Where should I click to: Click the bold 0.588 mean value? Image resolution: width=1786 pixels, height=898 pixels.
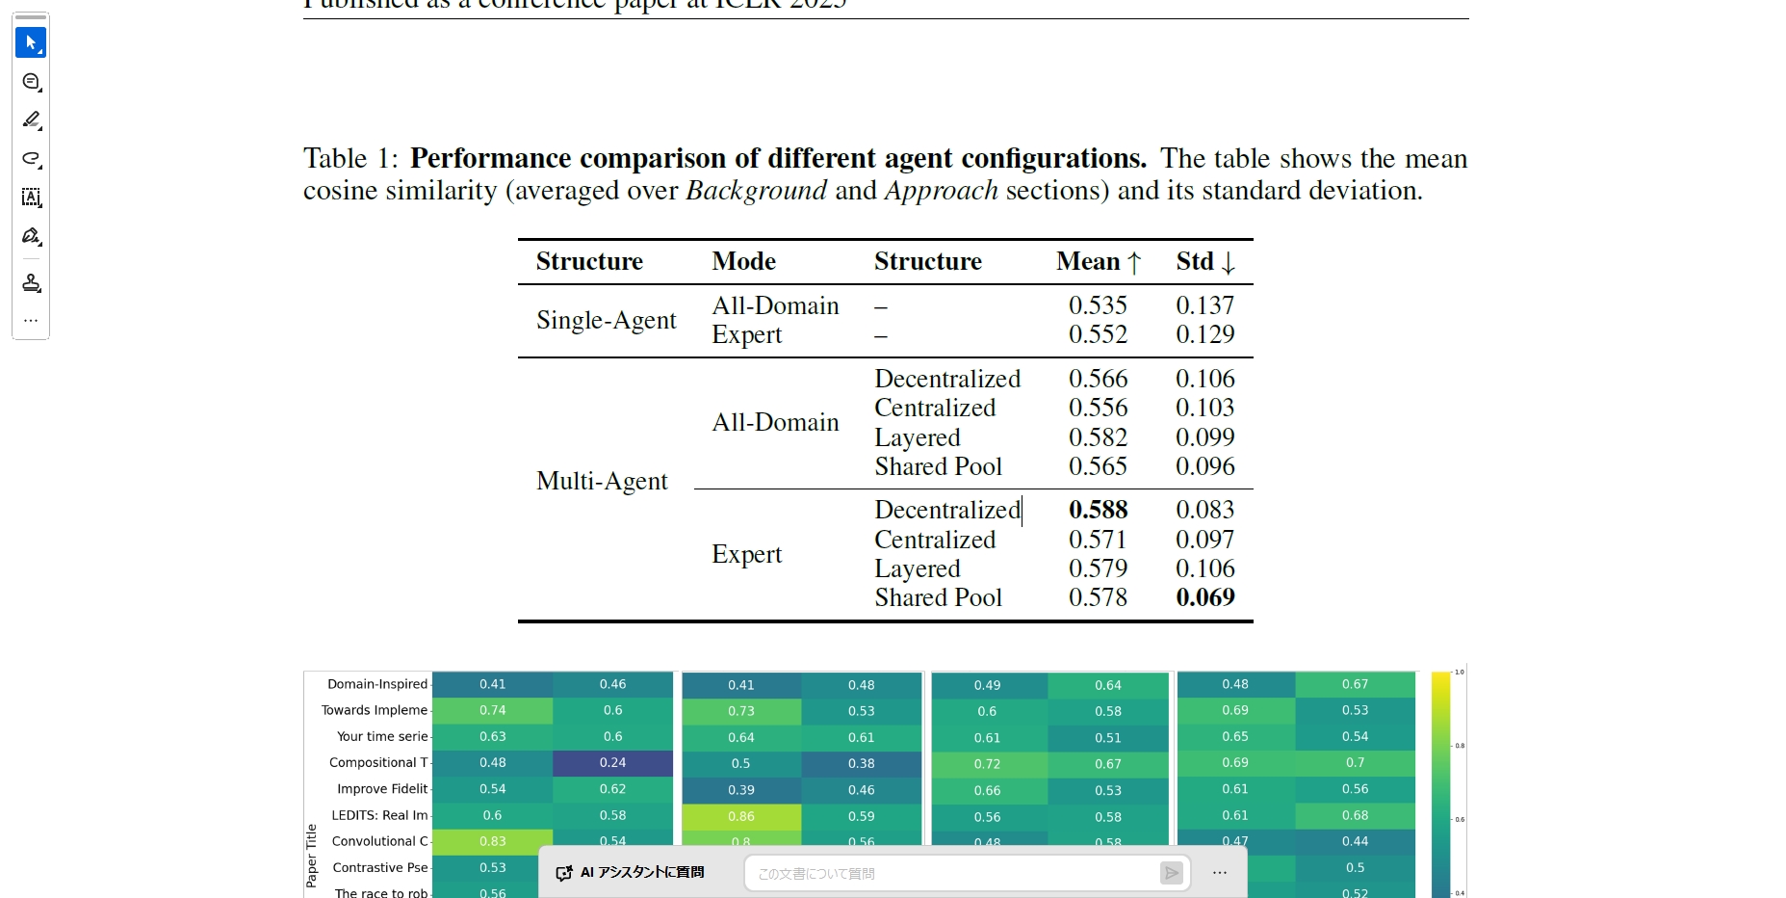(1098, 510)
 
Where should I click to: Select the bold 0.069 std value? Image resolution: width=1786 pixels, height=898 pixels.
(1204, 597)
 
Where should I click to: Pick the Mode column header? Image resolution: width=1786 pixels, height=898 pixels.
(743, 261)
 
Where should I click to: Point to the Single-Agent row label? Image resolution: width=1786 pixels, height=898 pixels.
(606, 320)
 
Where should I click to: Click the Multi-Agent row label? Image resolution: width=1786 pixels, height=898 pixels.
(602, 481)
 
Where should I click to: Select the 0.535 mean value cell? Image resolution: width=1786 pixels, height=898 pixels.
(1098, 305)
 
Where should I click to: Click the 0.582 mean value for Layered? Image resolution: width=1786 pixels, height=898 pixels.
(1098, 437)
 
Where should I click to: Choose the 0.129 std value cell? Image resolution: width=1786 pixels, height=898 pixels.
(1204, 334)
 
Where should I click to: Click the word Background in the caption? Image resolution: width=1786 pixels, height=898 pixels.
(756, 191)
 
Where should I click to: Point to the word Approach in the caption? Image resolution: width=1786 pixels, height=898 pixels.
(941, 191)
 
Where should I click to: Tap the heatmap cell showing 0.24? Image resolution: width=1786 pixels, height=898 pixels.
(612, 763)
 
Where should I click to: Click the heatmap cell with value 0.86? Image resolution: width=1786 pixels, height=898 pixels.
(741, 816)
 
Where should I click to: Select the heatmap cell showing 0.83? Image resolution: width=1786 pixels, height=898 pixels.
(492, 841)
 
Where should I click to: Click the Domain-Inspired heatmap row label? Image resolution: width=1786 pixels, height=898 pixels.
(376, 684)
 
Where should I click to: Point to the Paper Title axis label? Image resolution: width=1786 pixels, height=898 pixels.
(311, 855)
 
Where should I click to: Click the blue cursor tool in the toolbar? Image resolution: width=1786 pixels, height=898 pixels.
(31, 42)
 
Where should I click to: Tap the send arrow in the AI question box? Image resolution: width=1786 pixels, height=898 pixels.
(1171, 873)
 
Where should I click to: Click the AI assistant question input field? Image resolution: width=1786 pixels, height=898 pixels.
(953, 874)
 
